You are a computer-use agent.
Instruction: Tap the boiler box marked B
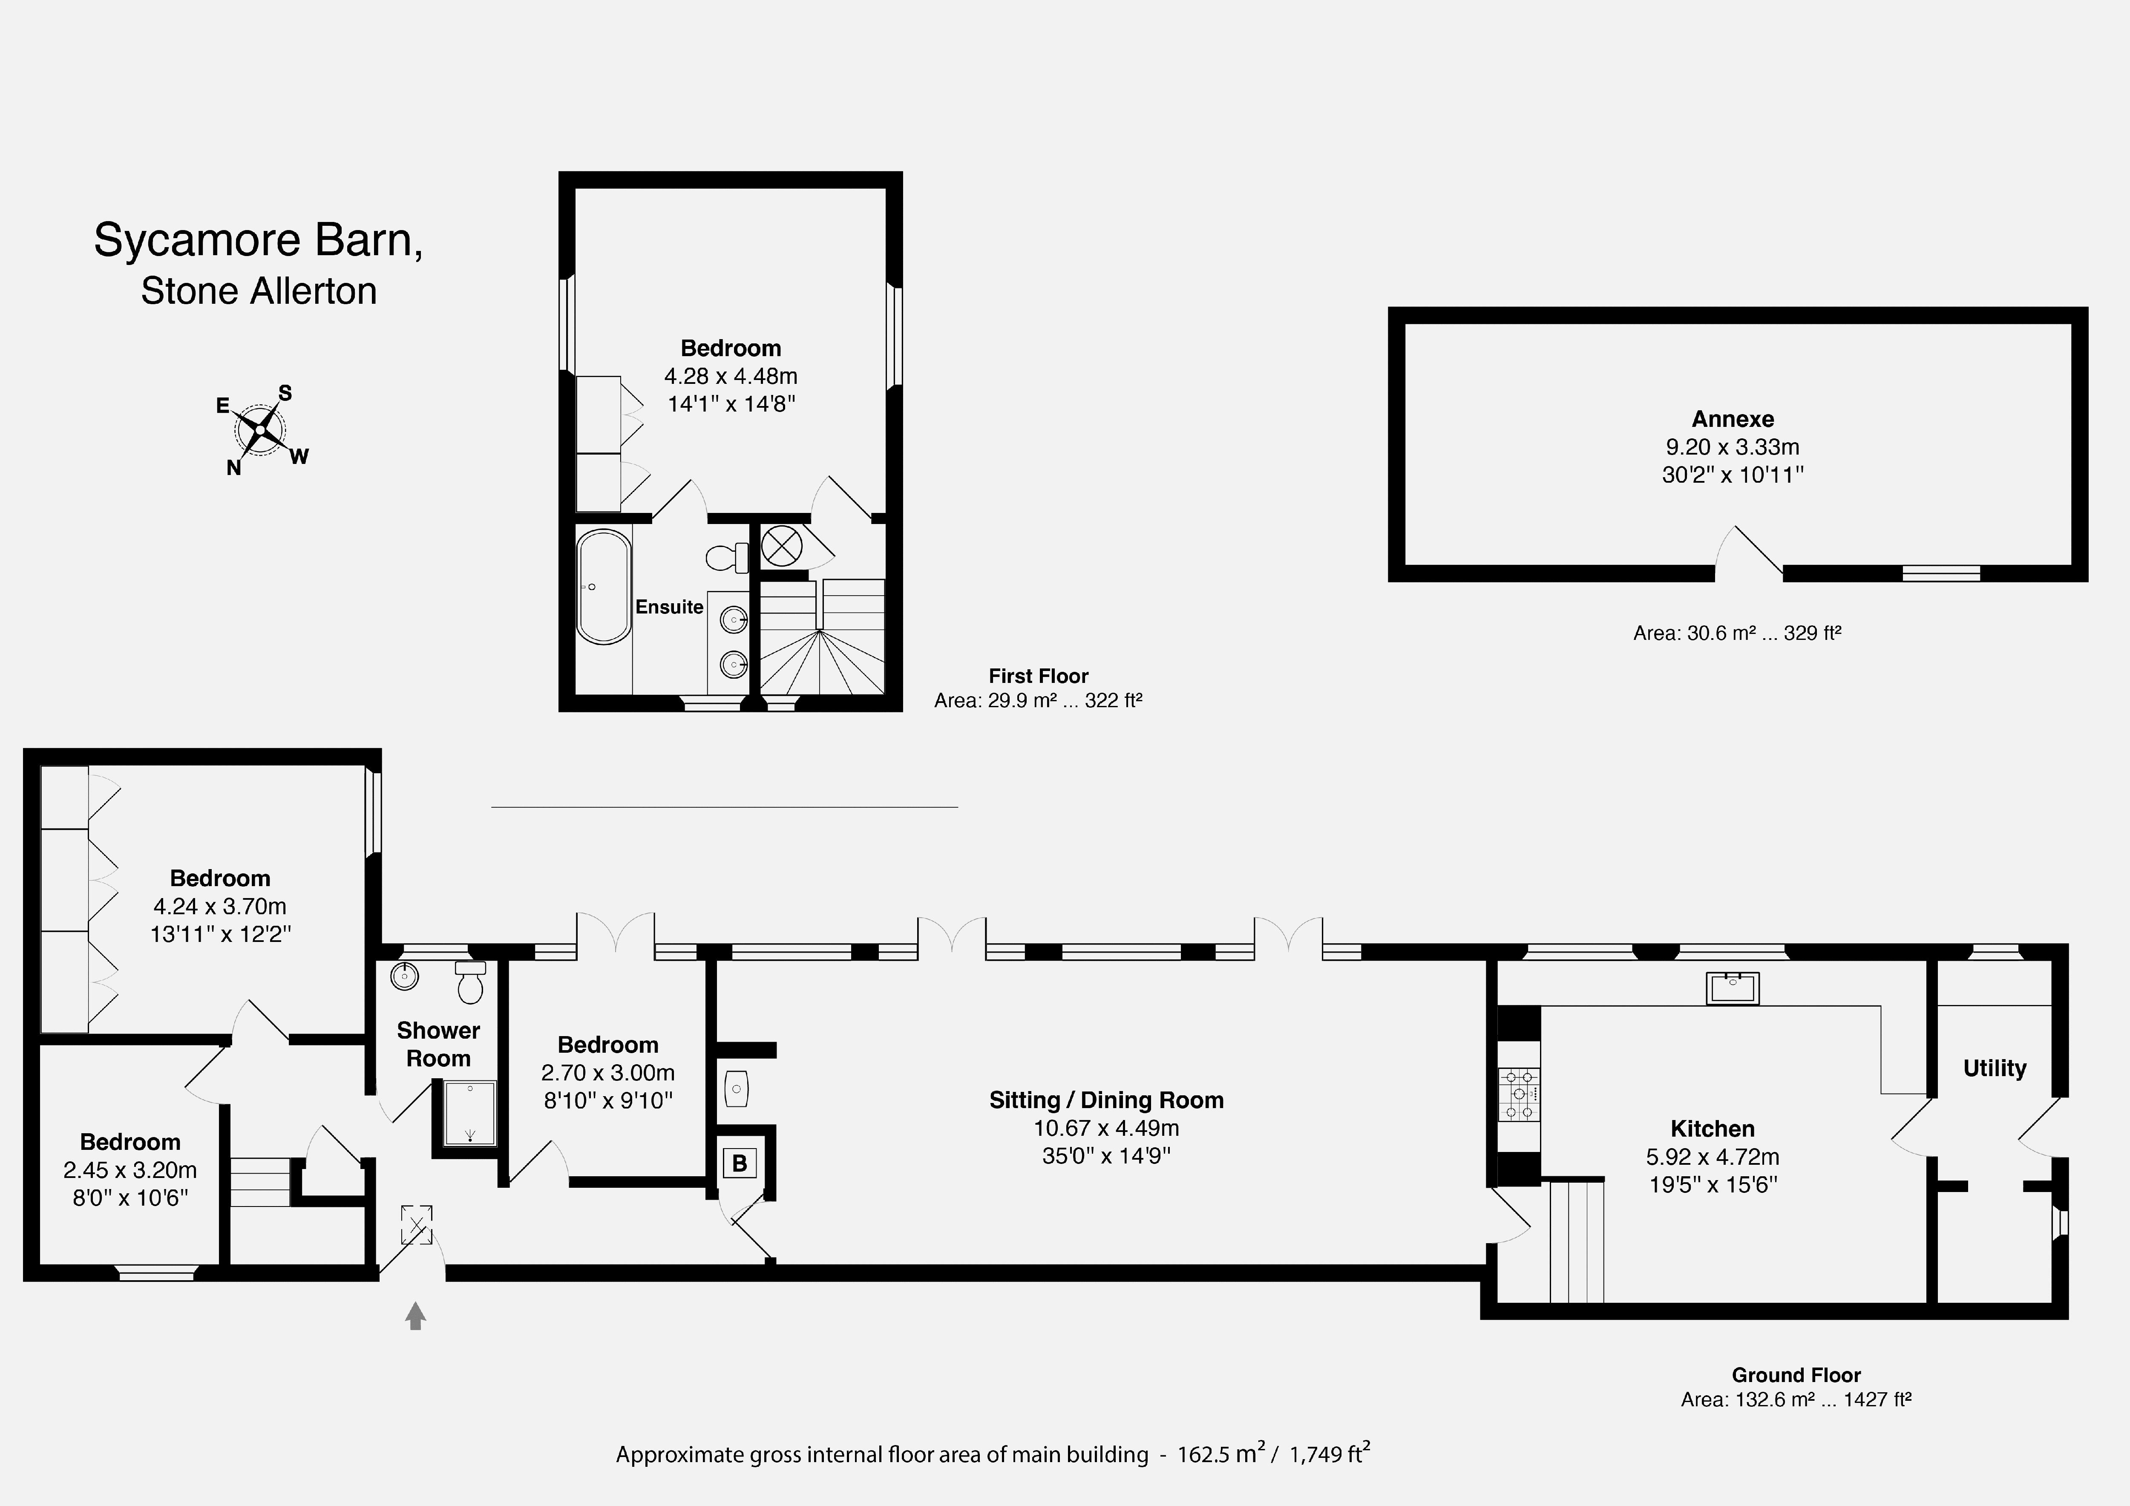[x=740, y=1163]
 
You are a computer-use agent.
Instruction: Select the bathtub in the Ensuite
[x=604, y=587]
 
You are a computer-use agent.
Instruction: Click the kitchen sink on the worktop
[x=1732, y=988]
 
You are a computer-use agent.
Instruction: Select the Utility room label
[x=1995, y=1068]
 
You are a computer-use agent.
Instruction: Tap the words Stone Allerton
[x=259, y=291]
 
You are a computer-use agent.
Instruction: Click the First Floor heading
[x=1038, y=677]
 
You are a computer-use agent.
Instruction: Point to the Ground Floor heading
[x=1796, y=1375]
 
